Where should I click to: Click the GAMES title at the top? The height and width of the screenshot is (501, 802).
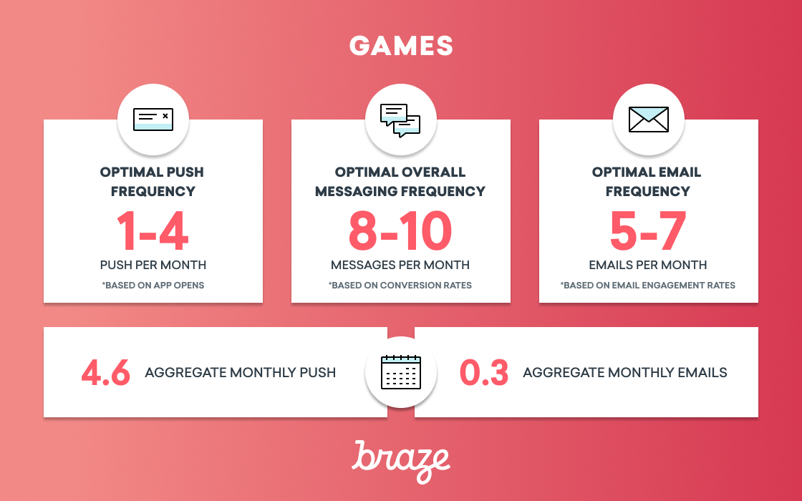point(401,46)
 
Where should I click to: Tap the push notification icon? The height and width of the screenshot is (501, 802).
point(153,119)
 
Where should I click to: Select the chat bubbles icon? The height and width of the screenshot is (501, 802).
point(400,121)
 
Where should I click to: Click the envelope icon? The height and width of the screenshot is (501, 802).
point(649,119)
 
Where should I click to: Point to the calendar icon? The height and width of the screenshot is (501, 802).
point(401,371)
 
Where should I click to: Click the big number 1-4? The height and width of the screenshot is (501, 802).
point(153,231)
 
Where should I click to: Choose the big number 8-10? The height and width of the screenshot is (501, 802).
point(400,231)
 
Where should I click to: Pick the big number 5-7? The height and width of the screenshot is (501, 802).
point(648,231)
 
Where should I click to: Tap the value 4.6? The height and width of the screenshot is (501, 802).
point(106,372)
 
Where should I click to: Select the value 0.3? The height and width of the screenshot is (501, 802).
point(484,372)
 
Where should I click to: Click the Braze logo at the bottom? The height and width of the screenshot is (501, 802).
point(401,462)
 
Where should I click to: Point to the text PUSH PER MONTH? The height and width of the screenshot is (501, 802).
point(153,265)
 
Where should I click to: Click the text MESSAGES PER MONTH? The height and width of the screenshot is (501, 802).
point(400,265)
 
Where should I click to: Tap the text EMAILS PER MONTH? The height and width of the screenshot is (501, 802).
point(648,265)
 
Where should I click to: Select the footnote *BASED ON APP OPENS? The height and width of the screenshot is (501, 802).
point(153,286)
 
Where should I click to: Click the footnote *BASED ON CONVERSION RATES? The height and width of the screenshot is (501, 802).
point(400,286)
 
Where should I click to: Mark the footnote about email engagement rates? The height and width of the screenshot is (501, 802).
point(648,286)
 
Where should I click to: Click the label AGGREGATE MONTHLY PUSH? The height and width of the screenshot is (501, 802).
point(241,372)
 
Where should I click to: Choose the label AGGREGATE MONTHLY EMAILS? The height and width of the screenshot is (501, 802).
point(625,372)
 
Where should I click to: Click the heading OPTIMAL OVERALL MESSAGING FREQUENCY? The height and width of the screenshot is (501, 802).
point(400,182)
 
